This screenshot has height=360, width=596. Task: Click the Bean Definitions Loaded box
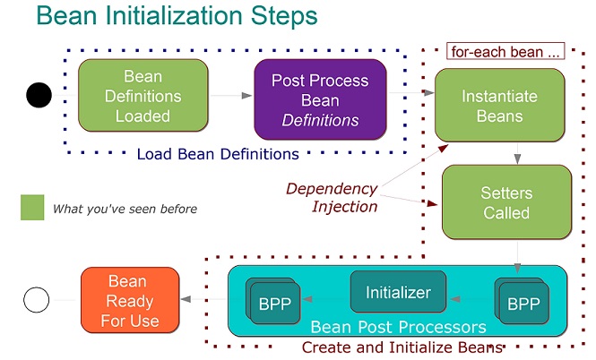tap(143, 96)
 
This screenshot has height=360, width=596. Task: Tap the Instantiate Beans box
tap(499, 105)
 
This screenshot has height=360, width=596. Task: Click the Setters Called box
tap(506, 202)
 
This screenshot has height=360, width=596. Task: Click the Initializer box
tap(398, 292)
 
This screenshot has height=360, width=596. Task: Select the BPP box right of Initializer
tap(524, 303)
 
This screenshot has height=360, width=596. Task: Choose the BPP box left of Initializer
tap(274, 303)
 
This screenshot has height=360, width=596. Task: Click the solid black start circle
tap(39, 94)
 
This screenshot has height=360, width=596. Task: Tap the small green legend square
tap(32, 208)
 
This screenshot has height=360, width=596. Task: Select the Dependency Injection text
tap(332, 197)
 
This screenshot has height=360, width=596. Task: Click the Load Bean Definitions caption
tap(218, 154)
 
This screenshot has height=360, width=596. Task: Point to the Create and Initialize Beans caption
tap(402, 347)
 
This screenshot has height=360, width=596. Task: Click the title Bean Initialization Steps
tap(177, 17)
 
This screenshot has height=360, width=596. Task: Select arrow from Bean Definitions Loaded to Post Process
tap(231, 95)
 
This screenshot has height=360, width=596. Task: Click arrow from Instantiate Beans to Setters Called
tap(517, 153)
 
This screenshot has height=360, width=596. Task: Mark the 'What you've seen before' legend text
tap(125, 209)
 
